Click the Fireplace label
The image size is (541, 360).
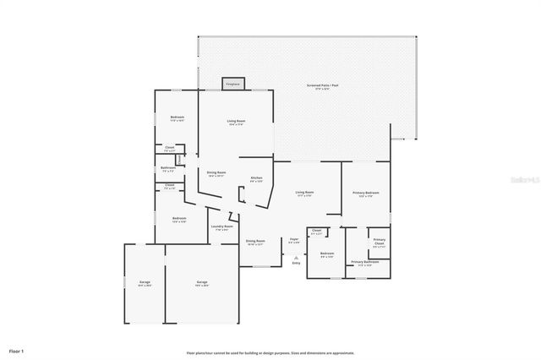click(232, 84)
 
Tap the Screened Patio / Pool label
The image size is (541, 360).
click(322, 86)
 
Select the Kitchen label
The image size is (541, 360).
click(256, 179)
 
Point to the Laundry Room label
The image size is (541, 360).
click(222, 227)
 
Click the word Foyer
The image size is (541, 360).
click(294, 240)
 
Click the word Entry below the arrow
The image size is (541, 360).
click(296, 264)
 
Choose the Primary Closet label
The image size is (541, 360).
click(380, 243)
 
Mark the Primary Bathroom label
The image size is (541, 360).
click(365, 263)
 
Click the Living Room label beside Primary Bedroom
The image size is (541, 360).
click(304, 194)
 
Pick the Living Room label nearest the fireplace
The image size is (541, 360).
click(236, 123)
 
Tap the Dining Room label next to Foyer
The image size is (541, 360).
click(255, 242)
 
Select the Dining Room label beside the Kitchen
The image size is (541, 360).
click(216, 174)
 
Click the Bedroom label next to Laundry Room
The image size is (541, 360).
click(178, 220)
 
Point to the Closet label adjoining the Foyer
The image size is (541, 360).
click(316, 232)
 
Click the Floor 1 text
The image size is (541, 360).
click(17, 350)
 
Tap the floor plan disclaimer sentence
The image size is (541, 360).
click(270, 353)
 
